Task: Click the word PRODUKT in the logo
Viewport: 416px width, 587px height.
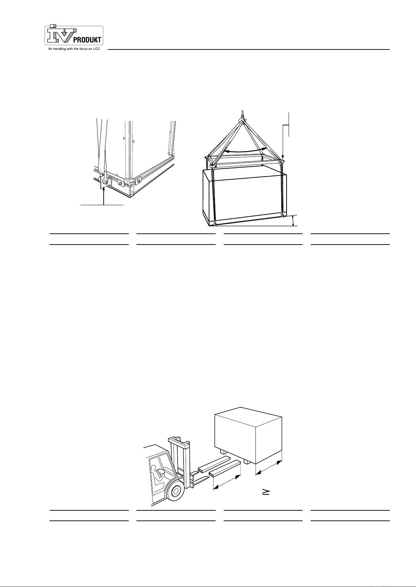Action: click(87, 40)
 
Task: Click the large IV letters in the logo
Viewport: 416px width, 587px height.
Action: click(61, 35)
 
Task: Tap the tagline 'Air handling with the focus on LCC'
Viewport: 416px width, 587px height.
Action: click(74, 49)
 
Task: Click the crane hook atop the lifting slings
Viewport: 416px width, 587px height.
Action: click(243, 117)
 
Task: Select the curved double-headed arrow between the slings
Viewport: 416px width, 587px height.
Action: click(245, 150)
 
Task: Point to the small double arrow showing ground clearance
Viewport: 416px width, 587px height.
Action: click(294, 221)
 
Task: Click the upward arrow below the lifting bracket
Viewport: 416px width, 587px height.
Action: click(104, 195)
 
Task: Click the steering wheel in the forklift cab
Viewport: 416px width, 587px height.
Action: click(161, 464)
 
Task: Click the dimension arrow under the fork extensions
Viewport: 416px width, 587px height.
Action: click(227, 482)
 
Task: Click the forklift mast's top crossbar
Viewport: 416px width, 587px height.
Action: click(179, 439)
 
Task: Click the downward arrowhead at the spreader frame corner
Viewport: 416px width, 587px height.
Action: click(283, 157)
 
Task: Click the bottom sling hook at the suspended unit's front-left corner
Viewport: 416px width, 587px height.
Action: click(215, 223)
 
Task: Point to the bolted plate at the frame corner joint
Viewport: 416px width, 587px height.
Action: click(121, 183)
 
